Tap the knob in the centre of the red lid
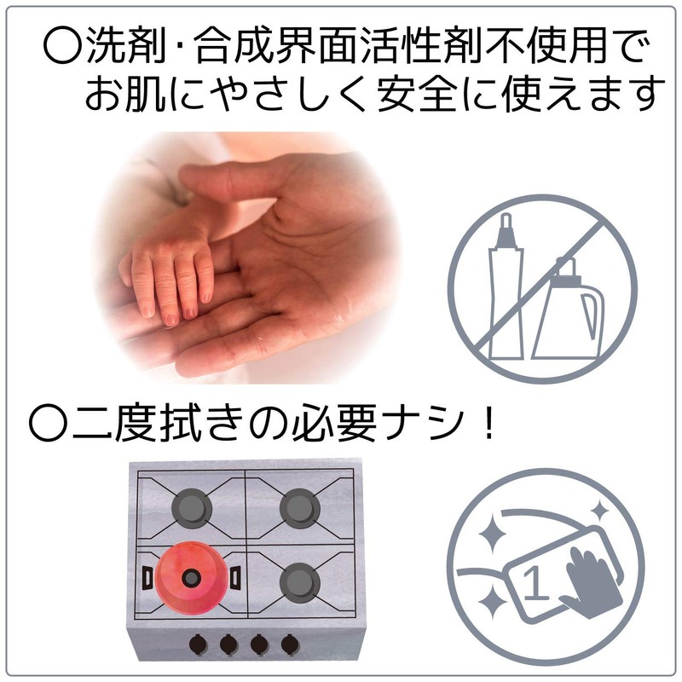click(191, 578)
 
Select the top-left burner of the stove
click(191, 508)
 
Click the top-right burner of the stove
click(300, 508)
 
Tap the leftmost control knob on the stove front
click(199, 644)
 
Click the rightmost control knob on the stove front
click(290, 644)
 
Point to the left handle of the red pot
click(147, 578)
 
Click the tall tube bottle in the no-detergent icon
click(506, 287)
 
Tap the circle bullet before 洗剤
click(62, 45)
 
